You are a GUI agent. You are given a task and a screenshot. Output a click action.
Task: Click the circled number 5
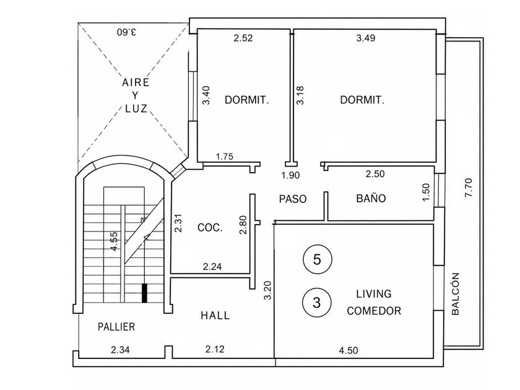[318, 259]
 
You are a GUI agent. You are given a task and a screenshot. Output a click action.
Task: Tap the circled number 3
[317, 303]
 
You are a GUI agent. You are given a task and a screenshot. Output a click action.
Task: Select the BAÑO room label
[371, 198]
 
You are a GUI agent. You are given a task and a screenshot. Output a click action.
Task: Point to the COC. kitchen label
[210, 228]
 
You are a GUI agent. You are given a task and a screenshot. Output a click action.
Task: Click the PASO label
[293, 199]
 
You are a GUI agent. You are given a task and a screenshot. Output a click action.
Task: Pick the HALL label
[215, 315]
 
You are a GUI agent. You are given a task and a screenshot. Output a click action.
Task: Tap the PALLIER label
[116, 327]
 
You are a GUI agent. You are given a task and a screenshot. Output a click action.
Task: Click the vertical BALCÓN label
[456, 294]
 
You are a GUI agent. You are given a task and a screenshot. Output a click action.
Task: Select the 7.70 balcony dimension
[469, 188]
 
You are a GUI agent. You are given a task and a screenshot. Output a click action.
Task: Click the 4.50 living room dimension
[349, 350]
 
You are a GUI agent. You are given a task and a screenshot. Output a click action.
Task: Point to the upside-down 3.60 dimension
[127, 32]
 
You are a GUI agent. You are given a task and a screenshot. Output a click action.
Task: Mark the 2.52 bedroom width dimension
[243, 38]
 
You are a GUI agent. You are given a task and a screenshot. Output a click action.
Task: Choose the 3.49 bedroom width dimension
[366, 38]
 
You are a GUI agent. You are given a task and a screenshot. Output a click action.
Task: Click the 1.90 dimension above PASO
[290, 175]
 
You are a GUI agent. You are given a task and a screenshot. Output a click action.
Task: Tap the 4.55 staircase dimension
[114, 241]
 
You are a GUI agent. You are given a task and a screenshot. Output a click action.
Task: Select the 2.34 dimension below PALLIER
[120, 350]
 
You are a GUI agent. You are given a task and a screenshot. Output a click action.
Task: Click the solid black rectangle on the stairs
[144, 293]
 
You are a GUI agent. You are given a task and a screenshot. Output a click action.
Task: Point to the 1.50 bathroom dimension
[426, 192]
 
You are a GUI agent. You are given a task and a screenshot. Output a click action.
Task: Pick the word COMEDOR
[374, 311]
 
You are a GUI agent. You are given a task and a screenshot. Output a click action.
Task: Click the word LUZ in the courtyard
[136, 108]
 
